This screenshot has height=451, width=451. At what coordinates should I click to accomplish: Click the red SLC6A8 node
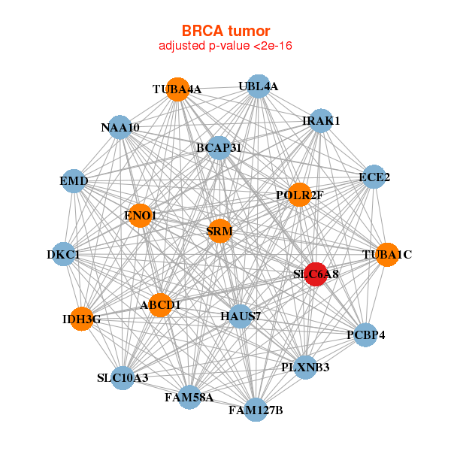pyautogui.click(x=316, y=274)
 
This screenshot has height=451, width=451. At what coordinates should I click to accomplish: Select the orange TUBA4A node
pyautogui.click(x=177, y=89)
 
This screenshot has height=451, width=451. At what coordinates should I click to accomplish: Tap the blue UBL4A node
pyautogui.click(x=258, y=86)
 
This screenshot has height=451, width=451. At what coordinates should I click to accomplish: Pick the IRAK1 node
pyautogui.click(x=321, y=120)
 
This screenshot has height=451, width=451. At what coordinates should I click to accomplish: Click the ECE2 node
pyautogui.click(x=374, y=177)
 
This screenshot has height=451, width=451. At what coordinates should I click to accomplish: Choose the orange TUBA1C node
pyautogui.click(x=386, y=254)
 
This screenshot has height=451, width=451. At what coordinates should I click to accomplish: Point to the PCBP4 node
pyautogui.click(x=365, y=334)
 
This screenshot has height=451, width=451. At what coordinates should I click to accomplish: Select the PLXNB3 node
pyautogui.click(x=305, y=368)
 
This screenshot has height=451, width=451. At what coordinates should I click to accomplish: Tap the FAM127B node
pyautogui.click(x=256, y=410)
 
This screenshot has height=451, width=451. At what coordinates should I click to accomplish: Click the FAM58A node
pyautogui.click(x=189, y=397)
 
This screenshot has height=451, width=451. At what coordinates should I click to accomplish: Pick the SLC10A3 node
pyautogui.click(x=123, y=377)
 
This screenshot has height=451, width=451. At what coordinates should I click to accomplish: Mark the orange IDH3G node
pyautogui.click(x=81, y=319)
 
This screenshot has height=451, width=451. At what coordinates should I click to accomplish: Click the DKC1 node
pyautogui.click(x=64, y=254)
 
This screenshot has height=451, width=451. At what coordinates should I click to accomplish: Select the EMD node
pyautogui.click(x=74, y=181)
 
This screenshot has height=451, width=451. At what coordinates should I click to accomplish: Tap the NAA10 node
pyautogui.click(x=120, y=127)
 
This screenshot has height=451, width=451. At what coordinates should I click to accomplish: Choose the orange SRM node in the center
pyautogui.click(x=219, y=231)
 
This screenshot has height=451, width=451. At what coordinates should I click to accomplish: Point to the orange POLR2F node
pyautogui.click(x=299, y=195)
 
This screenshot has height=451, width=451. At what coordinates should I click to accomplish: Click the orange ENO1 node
pyautogui.click(x=140, y=216)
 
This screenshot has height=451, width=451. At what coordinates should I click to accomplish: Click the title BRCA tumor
pyautogui.click(x=225, y=31)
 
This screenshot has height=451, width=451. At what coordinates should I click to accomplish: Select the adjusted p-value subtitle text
pyautogui.click(x=225, y=46)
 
